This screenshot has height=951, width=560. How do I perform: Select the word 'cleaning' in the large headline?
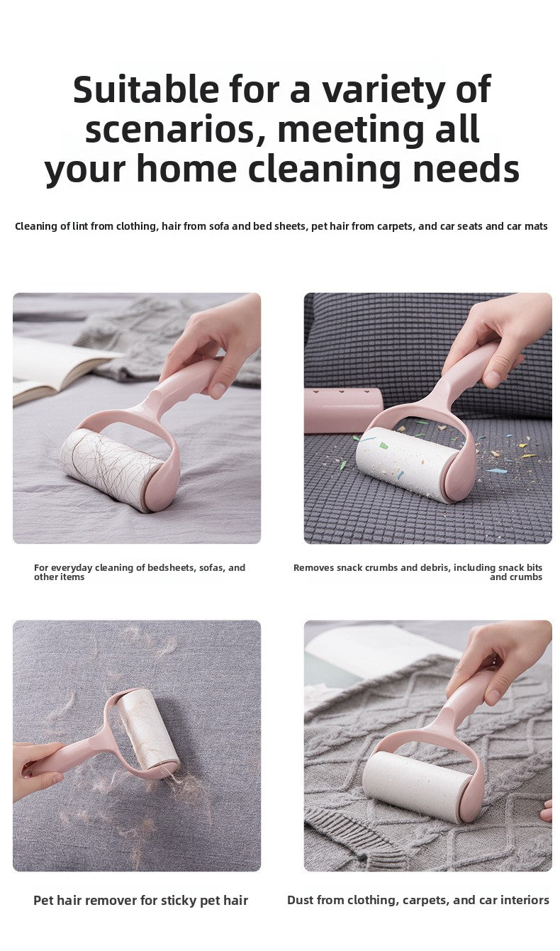[x=324, y=169]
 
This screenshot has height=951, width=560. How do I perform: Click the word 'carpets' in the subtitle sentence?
[x=393, y=226]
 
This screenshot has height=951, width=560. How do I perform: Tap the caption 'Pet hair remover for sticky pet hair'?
[x=140, y=901]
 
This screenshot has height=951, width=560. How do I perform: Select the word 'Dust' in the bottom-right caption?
[x=301, y=900]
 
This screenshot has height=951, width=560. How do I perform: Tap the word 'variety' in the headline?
[x=383, y=89]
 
